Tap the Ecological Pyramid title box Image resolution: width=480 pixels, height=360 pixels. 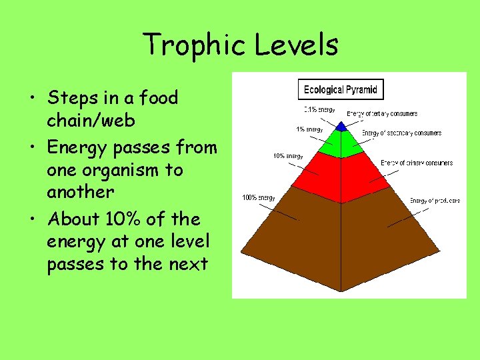coord(341,89)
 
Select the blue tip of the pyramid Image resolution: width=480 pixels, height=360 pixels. coord(341,126)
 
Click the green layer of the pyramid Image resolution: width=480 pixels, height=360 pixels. coord(341,143)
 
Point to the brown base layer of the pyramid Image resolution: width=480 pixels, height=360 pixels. coord(341,240)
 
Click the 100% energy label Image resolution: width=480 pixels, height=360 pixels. coord(258,198)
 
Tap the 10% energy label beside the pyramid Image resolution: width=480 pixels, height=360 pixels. coord(288,156)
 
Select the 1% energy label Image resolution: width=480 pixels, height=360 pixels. coord(309,129)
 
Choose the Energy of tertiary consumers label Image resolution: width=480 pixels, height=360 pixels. coord(381,114)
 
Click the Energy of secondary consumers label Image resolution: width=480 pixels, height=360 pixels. coord(401,133)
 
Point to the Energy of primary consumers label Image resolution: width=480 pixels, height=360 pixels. coord(417,163)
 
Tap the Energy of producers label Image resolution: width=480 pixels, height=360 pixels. coord(434,201)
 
